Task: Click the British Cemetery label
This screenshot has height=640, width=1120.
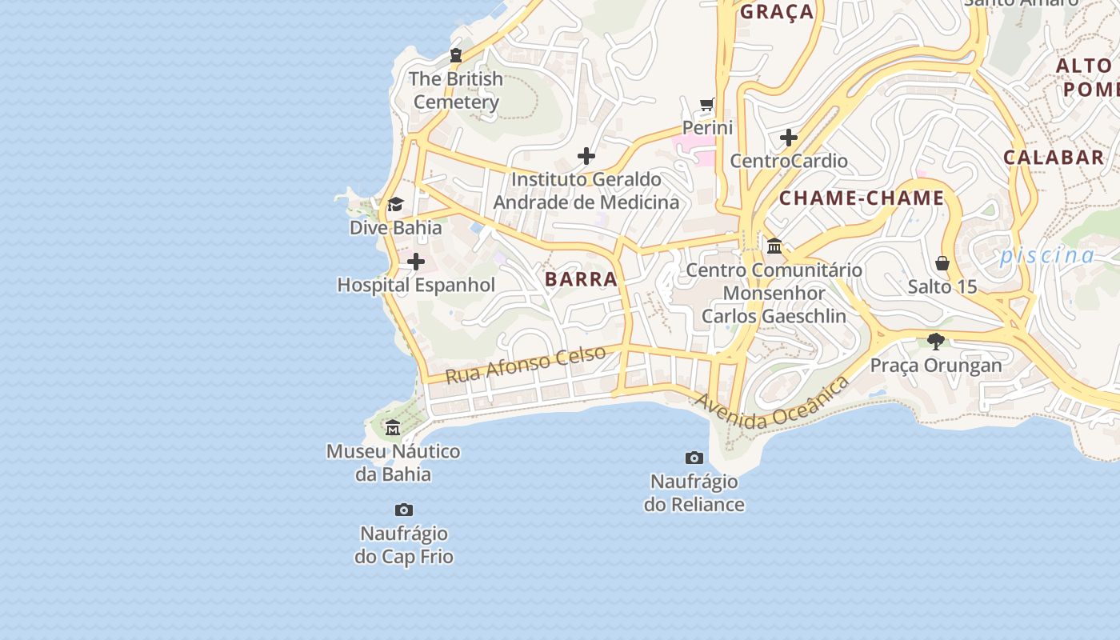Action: click(456, 90)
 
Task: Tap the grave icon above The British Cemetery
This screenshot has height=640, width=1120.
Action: click(456, 55)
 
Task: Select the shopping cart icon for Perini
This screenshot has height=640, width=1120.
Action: click(707, 104)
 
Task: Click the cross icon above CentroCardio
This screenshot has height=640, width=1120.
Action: click(789, 138)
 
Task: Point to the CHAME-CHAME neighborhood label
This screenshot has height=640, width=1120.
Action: click(862, 198)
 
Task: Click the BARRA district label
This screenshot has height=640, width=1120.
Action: click(582, 279)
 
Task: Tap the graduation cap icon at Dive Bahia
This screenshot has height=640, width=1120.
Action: click(395, 205)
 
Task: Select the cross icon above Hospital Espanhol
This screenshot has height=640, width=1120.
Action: click(416, 262)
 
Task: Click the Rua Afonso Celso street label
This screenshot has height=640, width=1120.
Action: click(525, 365)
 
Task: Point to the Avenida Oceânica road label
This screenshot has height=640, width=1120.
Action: click(771, 405)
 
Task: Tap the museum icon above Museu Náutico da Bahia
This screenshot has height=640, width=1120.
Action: click(393, 428)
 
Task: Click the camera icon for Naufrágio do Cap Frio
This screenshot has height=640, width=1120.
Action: click(404, 510)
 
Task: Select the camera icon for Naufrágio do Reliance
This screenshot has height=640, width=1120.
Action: click(694, 458)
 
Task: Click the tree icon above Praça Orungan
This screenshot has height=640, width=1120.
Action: click(936, 342)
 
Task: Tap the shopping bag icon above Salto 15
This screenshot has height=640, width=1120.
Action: click(942, 263)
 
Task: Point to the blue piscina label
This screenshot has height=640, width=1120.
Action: click(1046, 256)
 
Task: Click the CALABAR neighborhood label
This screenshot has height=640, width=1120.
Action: click(1054, 158)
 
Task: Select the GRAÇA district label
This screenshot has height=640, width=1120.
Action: click(776, 12)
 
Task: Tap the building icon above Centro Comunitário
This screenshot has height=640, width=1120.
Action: click(774, 246)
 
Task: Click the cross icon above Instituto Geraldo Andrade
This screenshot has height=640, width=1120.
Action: click(586, 156)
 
